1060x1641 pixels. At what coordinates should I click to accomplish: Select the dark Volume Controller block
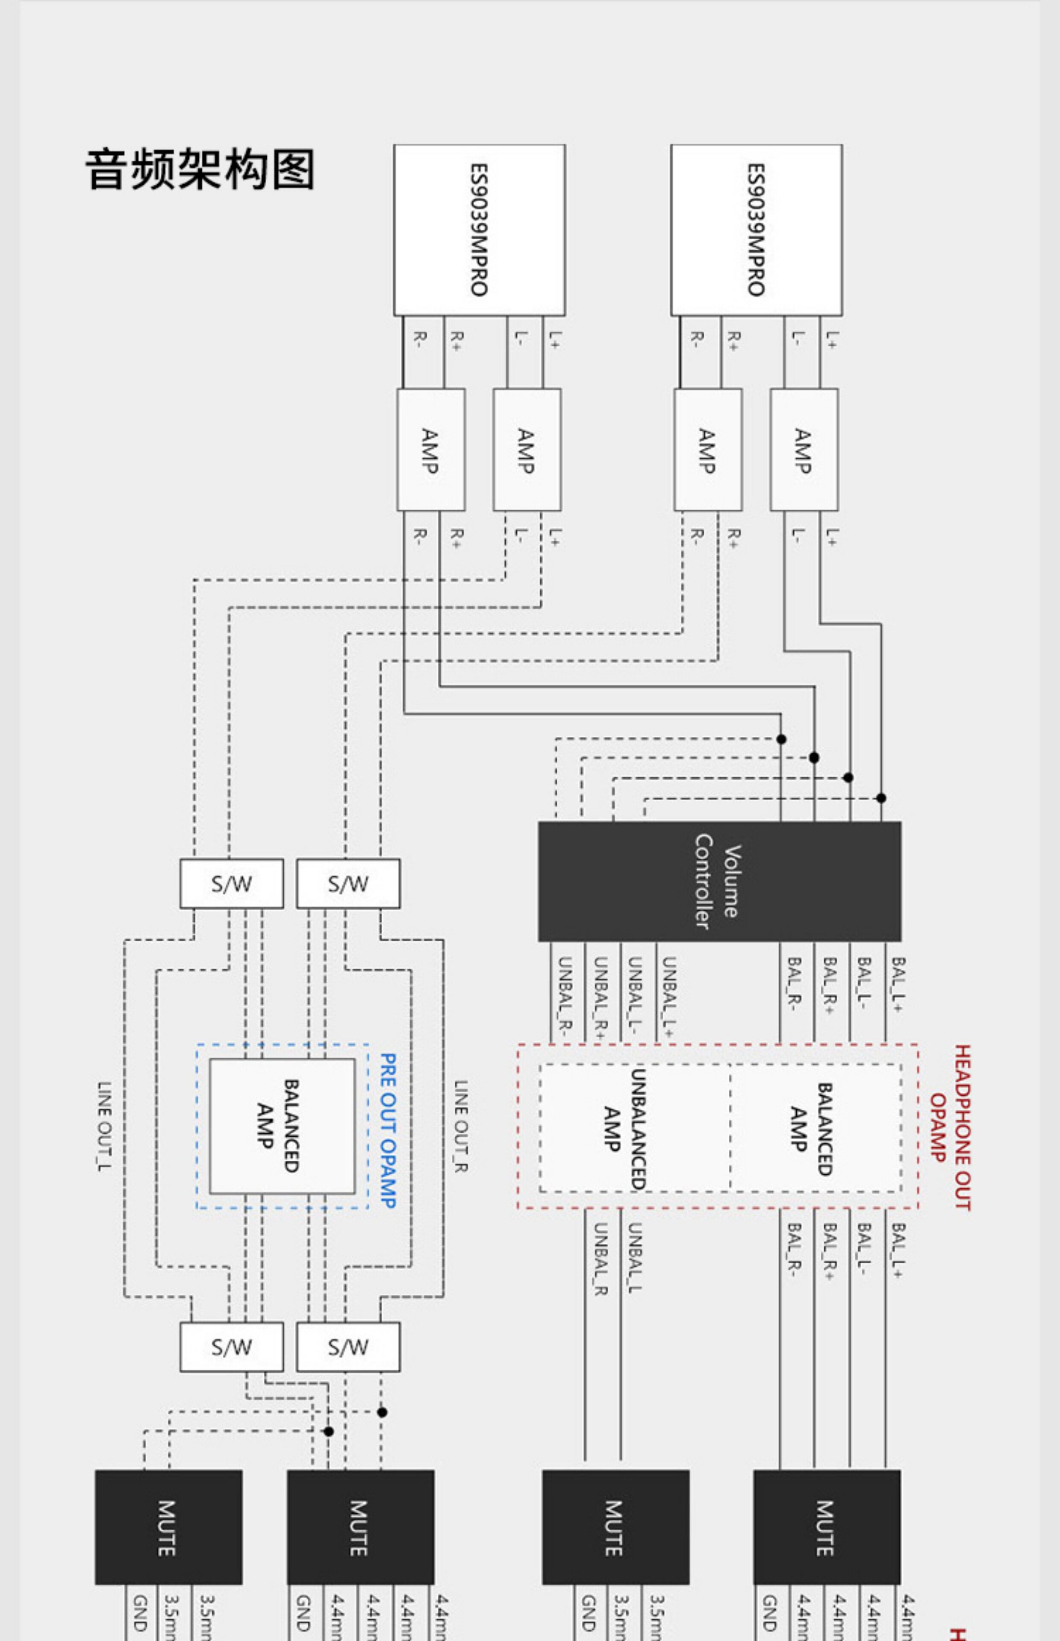(x=719, y=881)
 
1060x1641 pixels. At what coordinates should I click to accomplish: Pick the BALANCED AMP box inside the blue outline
(x=282, y=1126)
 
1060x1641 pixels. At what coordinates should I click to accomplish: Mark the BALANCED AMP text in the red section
(x=812, y=1129)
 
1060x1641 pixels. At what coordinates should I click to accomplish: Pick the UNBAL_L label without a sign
(x=635, y=1259)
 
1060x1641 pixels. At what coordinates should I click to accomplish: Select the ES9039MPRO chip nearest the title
(x=479, y=230)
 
